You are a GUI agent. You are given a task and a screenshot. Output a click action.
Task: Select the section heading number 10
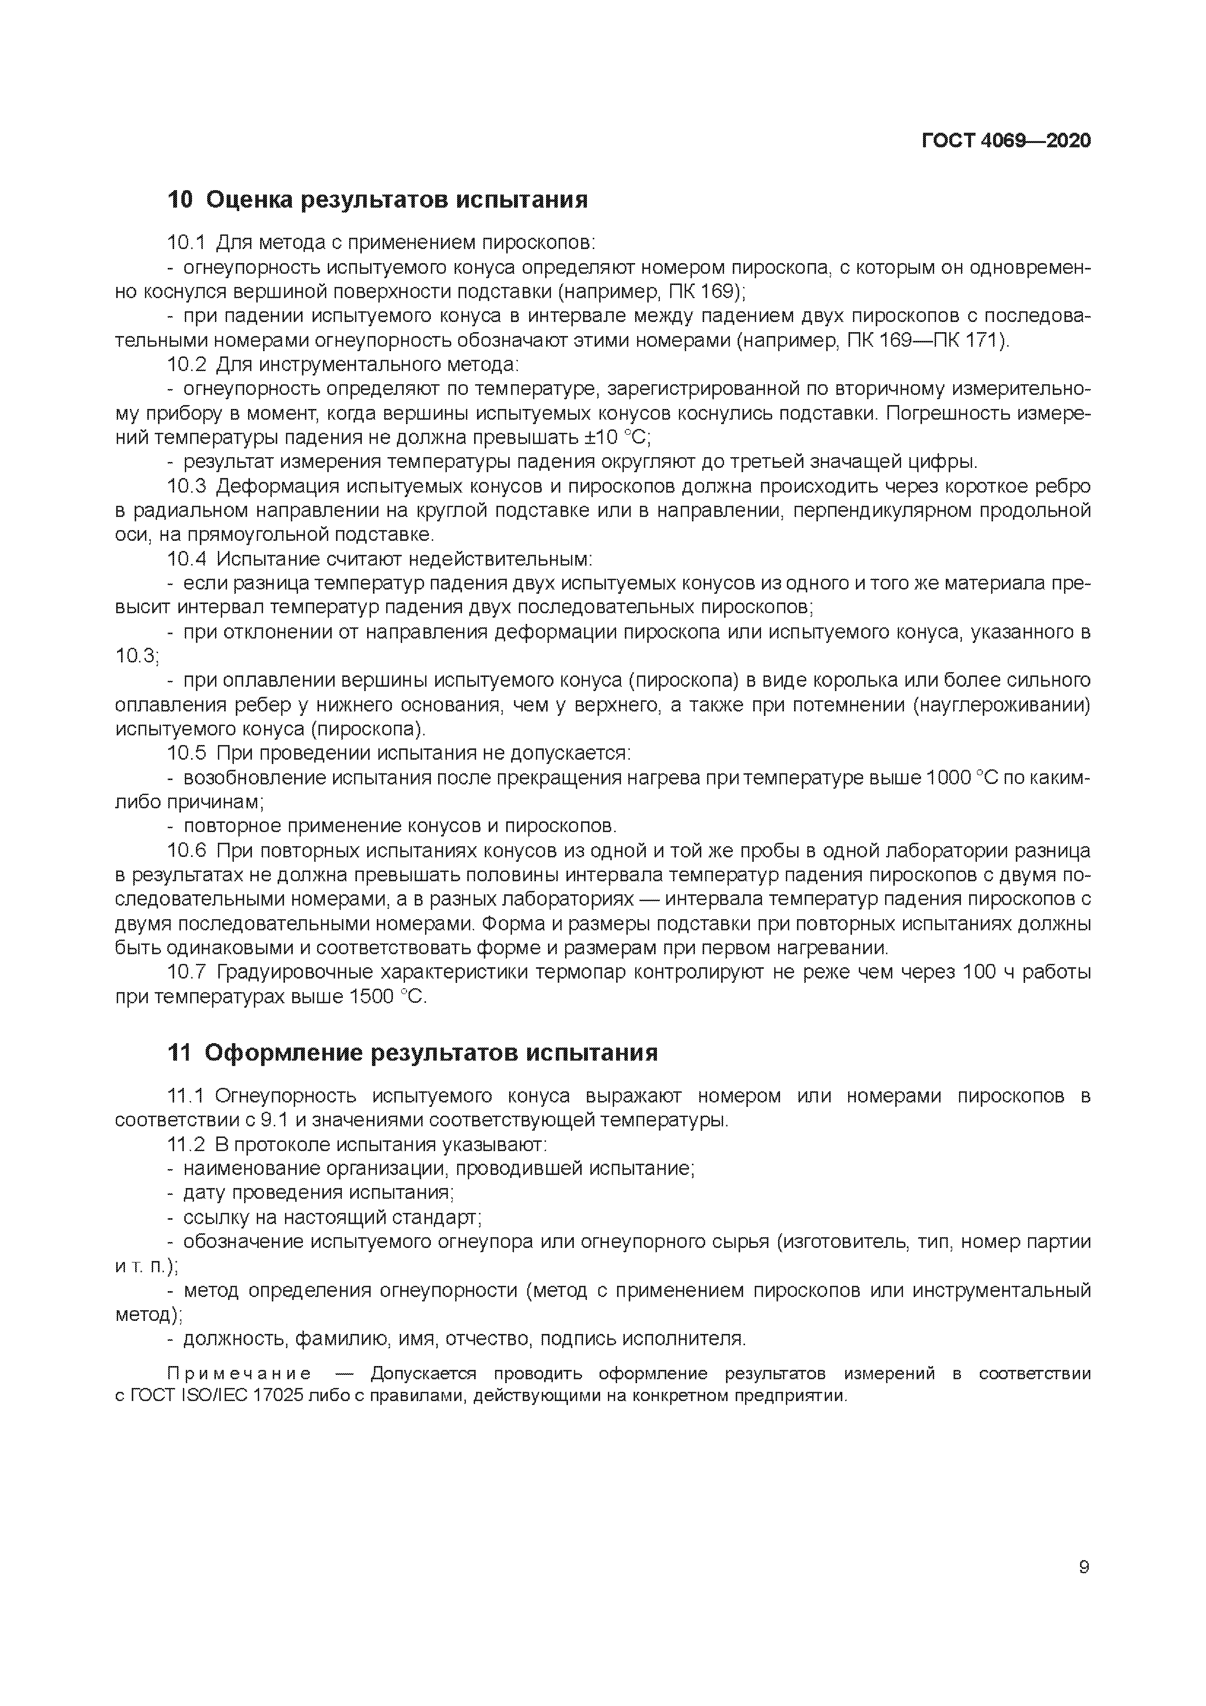pyautogui.click(x=180, y=200)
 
